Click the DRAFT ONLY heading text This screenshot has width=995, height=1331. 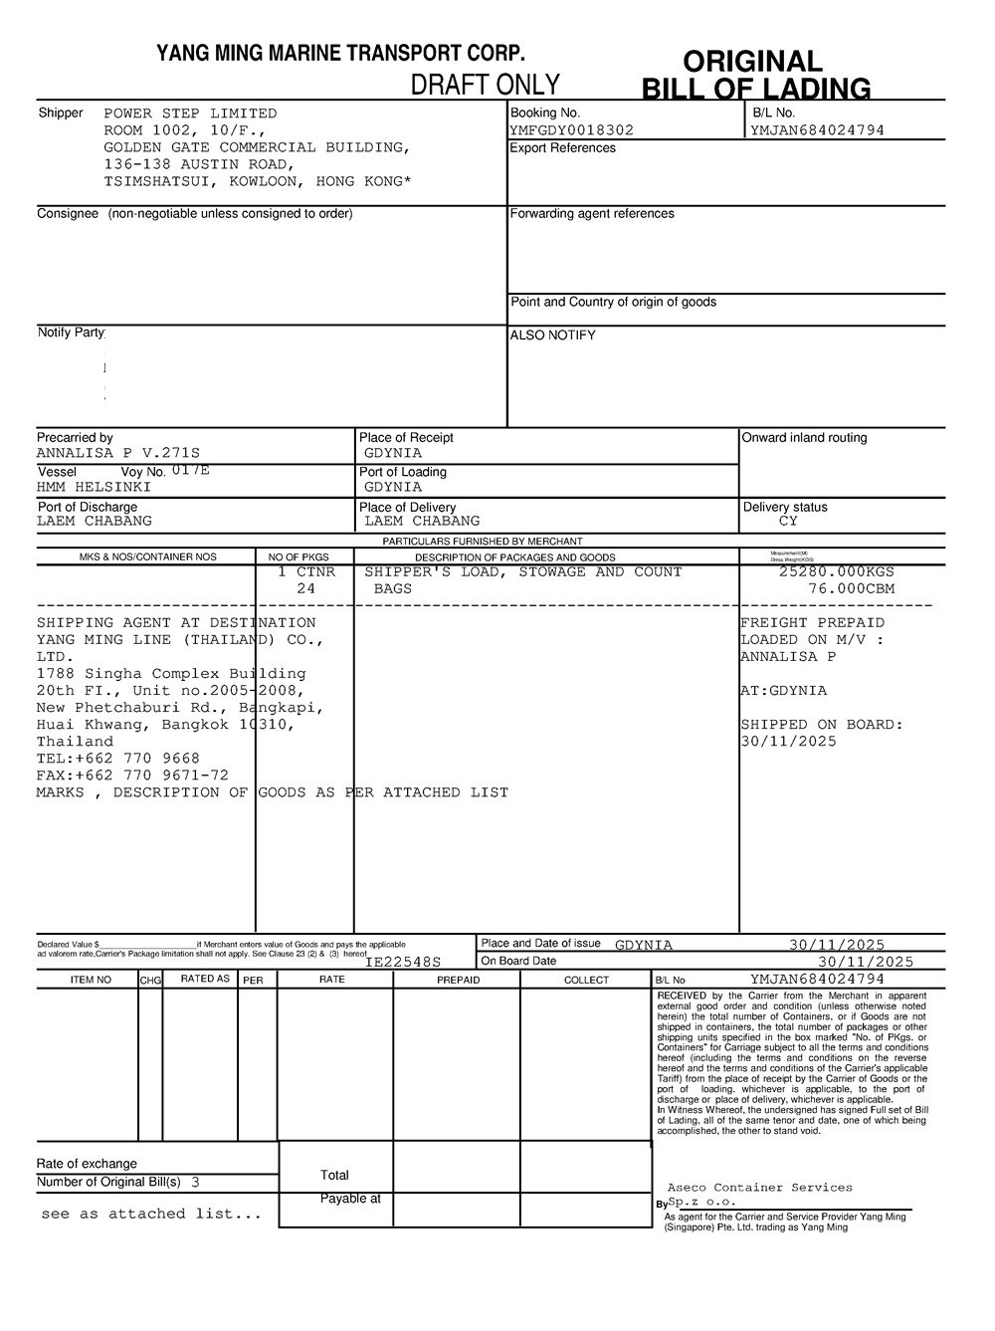pos(486,85)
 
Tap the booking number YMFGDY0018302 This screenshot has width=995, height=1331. pos(571,130)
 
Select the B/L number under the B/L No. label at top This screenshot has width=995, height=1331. pos(817,130)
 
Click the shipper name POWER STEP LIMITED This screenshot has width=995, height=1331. pos(190,113)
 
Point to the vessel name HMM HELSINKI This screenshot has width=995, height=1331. pos(94,488)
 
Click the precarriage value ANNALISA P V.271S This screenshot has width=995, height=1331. pos(118,453)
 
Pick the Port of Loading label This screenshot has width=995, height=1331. pos(403,472)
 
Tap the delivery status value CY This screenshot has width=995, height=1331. pos(788,522)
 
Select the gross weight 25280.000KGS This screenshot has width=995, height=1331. pos(836,572)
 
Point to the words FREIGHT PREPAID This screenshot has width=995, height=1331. pos(812,623)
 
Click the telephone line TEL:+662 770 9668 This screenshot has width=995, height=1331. pos(118,759)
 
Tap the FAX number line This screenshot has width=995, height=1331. pos(132,776)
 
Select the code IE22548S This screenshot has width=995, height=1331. pos(403,963)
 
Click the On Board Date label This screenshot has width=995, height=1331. pos(518,962)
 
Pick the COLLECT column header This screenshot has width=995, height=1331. pos(586,981)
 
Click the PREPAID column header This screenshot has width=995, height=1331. pos(458,981)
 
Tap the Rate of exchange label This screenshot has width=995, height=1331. pos(87,1164)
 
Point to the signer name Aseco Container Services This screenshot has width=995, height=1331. pos(759,1188)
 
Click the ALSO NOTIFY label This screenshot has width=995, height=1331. pos(552,335)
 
